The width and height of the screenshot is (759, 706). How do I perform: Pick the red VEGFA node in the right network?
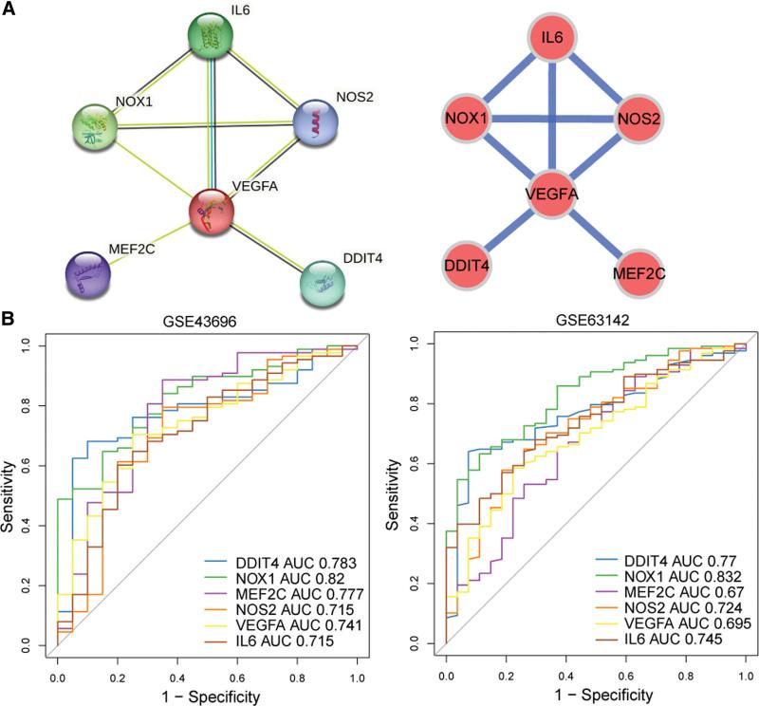point(552,196)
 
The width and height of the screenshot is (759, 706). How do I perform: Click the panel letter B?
point(8,321)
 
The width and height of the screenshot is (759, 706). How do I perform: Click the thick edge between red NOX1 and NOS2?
point(552,120)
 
